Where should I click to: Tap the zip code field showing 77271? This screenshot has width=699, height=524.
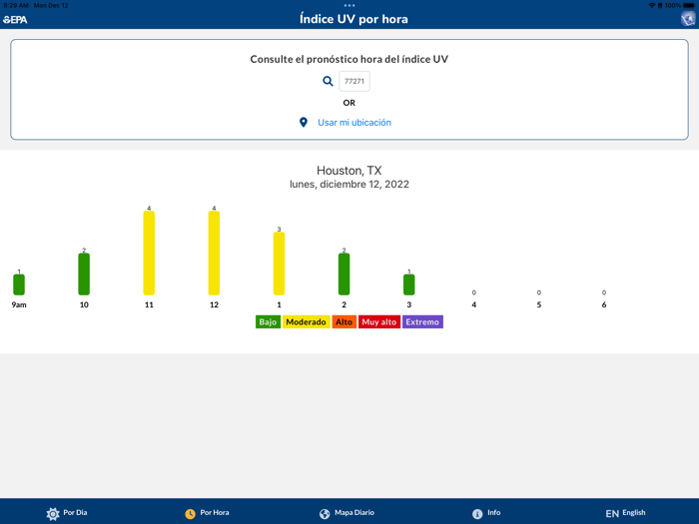354,82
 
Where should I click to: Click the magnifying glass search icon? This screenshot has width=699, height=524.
328,82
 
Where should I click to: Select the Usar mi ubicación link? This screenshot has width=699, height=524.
353,123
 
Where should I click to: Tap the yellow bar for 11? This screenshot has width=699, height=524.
149,254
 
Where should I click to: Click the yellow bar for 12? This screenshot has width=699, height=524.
214,254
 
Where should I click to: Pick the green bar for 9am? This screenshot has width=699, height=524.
19,284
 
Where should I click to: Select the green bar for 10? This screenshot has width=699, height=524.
84,274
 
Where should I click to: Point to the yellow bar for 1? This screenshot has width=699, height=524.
279,263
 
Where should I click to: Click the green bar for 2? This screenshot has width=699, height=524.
344,274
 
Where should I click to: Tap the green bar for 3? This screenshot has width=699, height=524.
408,284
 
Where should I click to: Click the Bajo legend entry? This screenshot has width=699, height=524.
268,322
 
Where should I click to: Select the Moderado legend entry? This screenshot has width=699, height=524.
306,322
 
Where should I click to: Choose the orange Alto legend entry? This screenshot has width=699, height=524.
344,322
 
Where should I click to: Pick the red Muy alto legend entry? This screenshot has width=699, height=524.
378,322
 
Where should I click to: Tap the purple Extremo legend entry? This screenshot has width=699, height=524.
422,322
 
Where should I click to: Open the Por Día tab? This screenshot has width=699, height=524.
67,513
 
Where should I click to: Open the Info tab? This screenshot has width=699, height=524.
486,513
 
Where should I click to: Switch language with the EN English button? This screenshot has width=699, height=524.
625,513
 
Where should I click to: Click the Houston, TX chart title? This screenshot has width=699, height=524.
349,171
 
